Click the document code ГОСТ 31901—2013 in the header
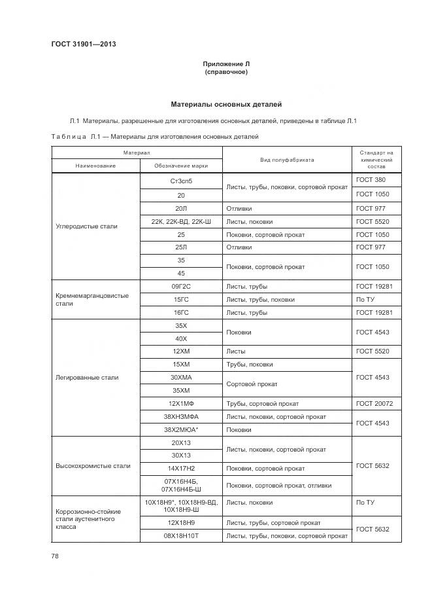pyautogui.click(x=83, y=45)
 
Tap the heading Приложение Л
pyautogui.click(x=226, y=64)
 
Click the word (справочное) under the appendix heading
pyautogui.click(x=226, y=72)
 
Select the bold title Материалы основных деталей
pyautogui.click(x=226, y=104)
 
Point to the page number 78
pyautogui.click(x=55, y=556)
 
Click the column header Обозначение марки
pyautogui.click(x=180, y=166)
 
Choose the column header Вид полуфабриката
pyautogui.click(x=286, y=159)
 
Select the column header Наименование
pyautogui.click(x=95, y=166)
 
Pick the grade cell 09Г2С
pyautogui.click(x=180, y=287)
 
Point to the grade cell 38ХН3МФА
pyautogui.click(x=180, y=416)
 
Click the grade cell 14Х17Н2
pyautogui.click(x=180, y=469)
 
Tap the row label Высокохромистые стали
pyautogui.click(x=93, y=466)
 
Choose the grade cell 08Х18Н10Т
pyautogui.click(x=180, y=536)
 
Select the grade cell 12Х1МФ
pyautogui.click(x=180, y=404)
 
